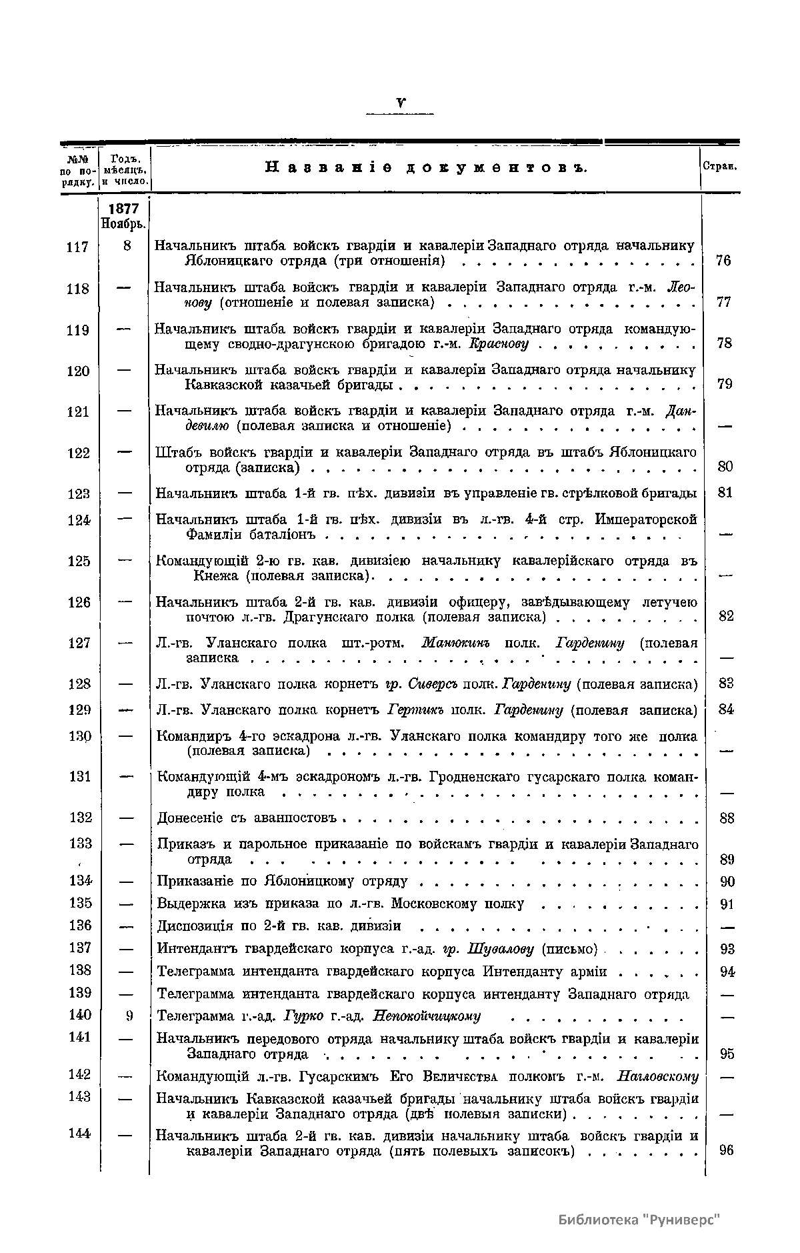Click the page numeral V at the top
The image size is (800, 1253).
pos(400,103)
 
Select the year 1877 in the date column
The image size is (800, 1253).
pos(125,209)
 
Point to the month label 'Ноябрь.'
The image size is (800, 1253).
pos(124,223)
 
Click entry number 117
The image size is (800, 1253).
pos(78,247)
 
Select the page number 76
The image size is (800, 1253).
pos(723,261)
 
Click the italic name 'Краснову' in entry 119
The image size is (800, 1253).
pos(499,344)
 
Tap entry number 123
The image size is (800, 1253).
pos(79,494)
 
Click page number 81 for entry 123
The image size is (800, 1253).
pos(725,493)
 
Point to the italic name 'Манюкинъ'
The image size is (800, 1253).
pos(457,644)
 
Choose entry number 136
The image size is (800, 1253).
pos(79,926)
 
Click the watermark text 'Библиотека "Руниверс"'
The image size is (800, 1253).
pos(640,1219)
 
